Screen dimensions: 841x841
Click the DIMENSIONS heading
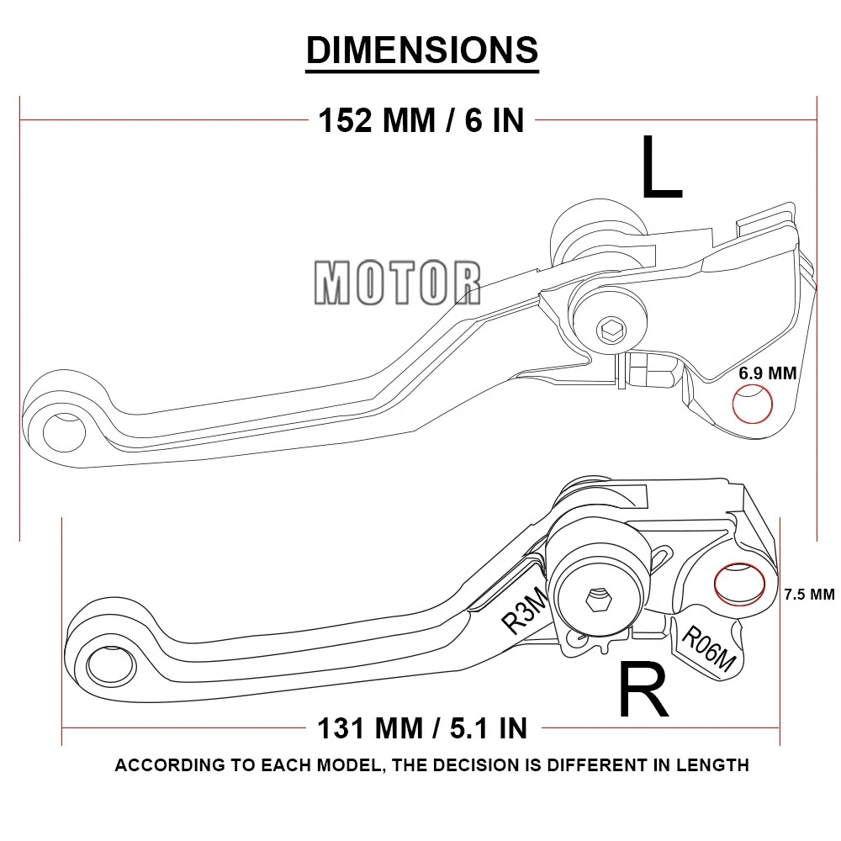click(421, 50)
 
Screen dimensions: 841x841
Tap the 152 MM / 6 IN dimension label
click(420, 120)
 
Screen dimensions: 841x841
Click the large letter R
click(643, 690)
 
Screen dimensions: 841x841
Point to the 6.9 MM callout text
click(767, 373)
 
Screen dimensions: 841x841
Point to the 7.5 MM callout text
click(809, 595)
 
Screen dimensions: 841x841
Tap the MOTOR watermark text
click(398, 283)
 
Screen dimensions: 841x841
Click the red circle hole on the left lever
click(753, 405)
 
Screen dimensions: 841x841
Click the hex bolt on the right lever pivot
click(597, 600)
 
